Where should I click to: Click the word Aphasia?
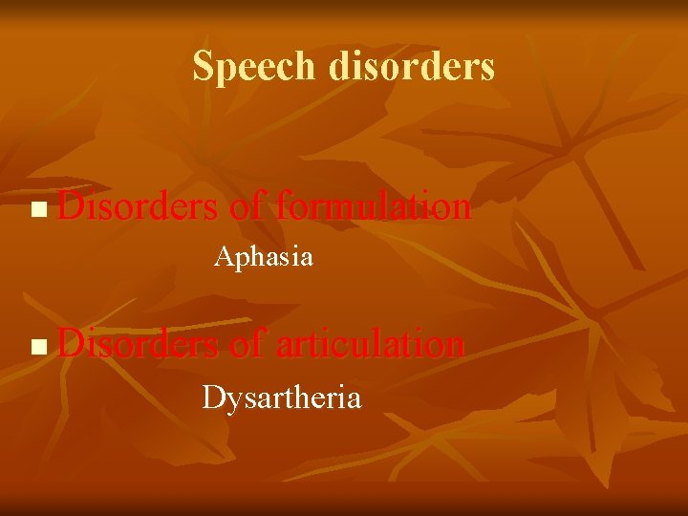point(264,257)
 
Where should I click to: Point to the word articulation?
point(370,344)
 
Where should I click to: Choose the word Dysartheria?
point(282,397)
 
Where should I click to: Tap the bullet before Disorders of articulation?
point(37,346)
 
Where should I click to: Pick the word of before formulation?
point(247,206)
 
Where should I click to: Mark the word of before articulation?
point(247,344)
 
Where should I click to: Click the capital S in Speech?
point(202,66)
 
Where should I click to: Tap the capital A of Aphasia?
point(223,257)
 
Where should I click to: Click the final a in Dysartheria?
point(355,398)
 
